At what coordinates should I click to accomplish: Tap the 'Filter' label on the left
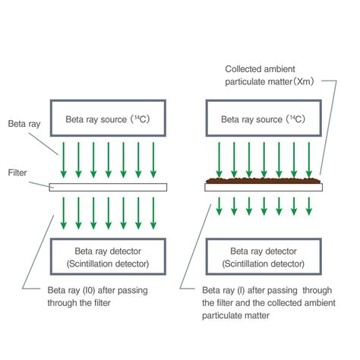coord(18,172)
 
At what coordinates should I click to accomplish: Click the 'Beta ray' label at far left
coord(22,122)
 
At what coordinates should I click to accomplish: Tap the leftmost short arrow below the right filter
coord(219,204)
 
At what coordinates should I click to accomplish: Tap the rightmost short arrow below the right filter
coord(310,204)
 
